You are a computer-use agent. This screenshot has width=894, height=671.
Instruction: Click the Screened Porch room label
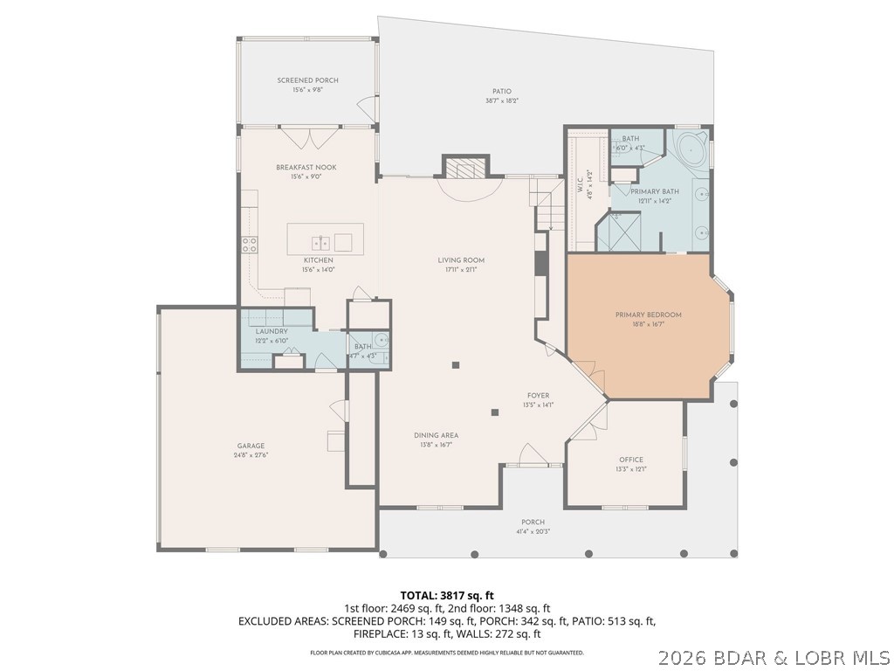[307, 80]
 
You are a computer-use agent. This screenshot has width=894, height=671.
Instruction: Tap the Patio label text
[501, 91]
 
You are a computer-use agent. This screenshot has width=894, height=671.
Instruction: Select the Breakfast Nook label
[306, 167]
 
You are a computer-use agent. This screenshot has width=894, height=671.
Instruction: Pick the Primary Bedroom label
[648, 315]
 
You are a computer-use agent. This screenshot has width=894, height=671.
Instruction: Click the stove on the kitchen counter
[250, 245]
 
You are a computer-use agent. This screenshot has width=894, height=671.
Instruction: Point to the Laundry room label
[272, 332]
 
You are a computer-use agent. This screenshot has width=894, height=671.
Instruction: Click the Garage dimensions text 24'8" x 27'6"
[251, 455]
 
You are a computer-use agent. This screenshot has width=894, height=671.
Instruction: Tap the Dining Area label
[436, 435]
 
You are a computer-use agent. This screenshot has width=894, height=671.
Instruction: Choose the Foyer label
[538, 395]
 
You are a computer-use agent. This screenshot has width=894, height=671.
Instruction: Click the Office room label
[630, 460]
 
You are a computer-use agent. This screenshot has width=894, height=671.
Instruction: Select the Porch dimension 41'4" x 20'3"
[533, 531]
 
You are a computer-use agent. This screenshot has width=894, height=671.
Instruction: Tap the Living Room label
[460, 260]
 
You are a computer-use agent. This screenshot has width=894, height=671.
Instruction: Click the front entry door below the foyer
[532, 456]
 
